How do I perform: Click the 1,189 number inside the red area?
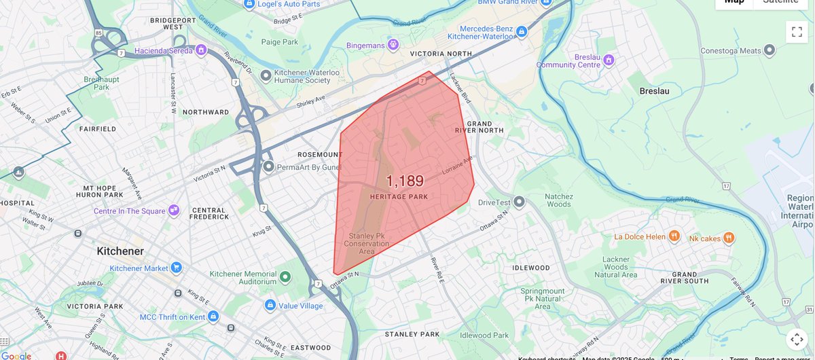(405, 181)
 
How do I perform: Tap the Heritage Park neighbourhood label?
(399, 197)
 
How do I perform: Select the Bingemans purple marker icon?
(393, 45)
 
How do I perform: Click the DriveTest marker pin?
(520, 202)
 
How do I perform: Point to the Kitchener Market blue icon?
(176, 268)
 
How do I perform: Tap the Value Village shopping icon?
(270, 306)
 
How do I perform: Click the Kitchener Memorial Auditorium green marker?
(285, 277)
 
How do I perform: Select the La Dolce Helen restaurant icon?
(674, 236)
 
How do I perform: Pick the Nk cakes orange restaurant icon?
(728, 237)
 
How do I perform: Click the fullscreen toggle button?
(797, 32)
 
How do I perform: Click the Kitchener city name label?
(120, 251)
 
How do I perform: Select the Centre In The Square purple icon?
(173, 211)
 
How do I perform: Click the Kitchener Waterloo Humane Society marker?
(266, 75)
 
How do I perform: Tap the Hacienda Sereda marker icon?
(201, 50)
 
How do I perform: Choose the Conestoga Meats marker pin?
(769, 50)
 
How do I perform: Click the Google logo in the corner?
(16, 355)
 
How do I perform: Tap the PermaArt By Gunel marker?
(269, 166)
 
